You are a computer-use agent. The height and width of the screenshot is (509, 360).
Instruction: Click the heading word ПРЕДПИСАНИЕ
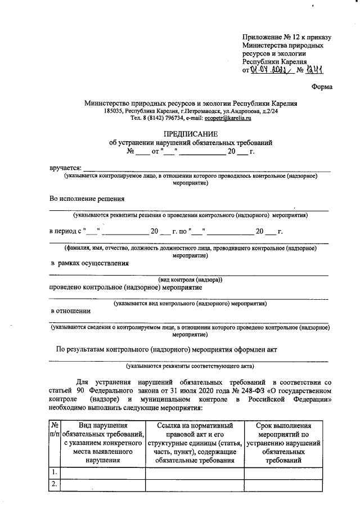pyautogui.click(x=191, y=134)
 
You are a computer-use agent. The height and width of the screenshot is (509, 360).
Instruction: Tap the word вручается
pyautogui.click(x=65, y=168)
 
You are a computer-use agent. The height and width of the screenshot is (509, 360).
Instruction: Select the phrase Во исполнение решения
pyautogui.click(x=87, y=199)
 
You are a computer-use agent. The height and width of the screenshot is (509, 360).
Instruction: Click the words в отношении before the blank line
pyautogui.click(x=70, y=310)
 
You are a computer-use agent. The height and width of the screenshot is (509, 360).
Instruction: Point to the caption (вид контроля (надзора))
pyautogui.click(x=191, y=280)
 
